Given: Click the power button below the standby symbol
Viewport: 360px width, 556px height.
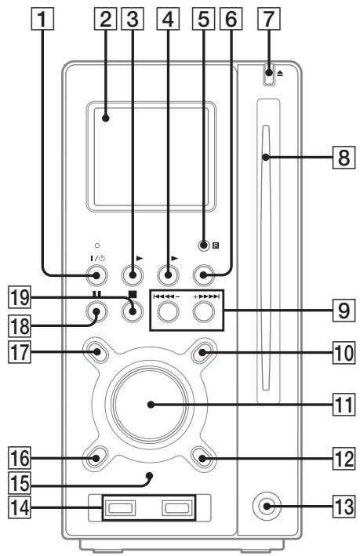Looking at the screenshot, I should (96, 274).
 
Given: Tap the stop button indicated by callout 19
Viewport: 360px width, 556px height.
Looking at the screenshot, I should (132, 310).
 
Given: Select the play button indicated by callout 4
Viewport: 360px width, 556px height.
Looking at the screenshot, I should (168, 274).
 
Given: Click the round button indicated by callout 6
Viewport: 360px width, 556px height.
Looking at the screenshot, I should (205, 274).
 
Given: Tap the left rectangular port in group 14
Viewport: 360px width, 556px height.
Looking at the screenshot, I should (115, 509).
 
